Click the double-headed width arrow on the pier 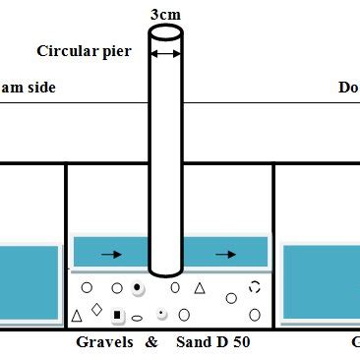point(165,51)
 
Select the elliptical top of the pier point(165,31)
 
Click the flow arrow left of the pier point(112,254)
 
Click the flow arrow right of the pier point(225,254)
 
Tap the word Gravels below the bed point(105,343)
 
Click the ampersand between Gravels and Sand point(150,343)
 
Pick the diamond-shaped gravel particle point(96,309)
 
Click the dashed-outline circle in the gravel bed point(255,287)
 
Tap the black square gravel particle point(117,315)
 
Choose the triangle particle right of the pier point(199,288)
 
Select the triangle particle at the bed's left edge point(77,316)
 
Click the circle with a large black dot point(138,288)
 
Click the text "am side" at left point(28,88)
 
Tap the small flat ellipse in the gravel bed point(138,317)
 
